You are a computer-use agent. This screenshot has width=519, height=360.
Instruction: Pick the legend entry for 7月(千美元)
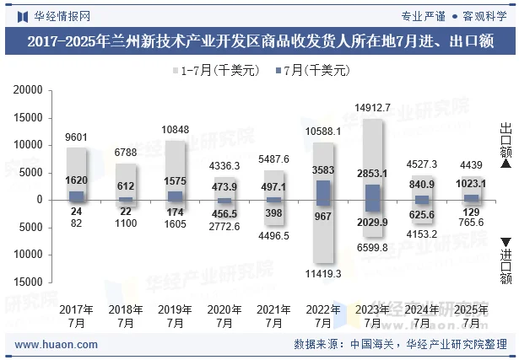(x=315, y=71)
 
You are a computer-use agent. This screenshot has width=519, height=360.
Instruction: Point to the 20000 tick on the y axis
(x=29, y=90)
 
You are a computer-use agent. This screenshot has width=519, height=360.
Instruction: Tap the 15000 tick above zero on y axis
(x=29, y=118)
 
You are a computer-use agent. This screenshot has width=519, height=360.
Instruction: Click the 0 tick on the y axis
(x=40, y=200)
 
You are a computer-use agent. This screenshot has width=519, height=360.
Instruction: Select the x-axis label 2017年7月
(x=76, y=316)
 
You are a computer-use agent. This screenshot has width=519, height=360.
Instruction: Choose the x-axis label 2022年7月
(x=322, y=316)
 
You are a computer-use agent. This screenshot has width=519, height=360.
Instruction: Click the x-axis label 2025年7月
(x=470, y=316)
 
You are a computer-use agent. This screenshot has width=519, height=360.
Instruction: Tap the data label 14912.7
(x=372, y=107)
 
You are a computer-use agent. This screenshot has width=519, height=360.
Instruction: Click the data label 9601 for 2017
(x=77, y=137)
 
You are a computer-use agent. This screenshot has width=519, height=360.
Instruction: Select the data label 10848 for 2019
(x=176, y=130)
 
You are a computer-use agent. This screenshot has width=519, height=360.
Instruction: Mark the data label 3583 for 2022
(x=323, y=170)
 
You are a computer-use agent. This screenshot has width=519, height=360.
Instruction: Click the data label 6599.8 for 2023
(x=372, y=247)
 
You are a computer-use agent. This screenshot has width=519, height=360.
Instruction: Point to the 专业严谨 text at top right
(x=422, y=14)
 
